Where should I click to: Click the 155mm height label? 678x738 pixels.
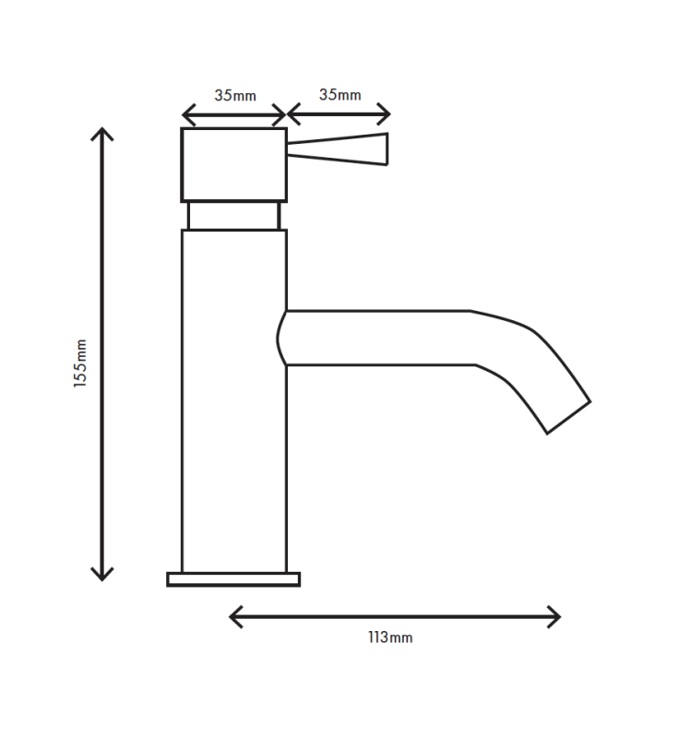click(x=81, y=363)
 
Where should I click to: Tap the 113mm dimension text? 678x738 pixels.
click(x=390, y=637)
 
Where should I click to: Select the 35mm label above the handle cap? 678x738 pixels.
click(x=235, y=95)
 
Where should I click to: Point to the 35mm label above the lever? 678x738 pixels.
click(x=339, y=94)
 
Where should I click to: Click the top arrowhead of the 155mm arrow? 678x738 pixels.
click(x=102, y=132)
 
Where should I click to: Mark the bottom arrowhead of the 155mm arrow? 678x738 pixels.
click(x=102, y=576)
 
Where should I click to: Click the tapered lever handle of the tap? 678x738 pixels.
click(x=337, y=149)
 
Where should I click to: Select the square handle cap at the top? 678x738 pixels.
click(x=233, y=164)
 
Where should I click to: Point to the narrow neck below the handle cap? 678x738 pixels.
click(x=233, y=216)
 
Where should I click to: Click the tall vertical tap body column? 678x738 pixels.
click(x=233, y=415)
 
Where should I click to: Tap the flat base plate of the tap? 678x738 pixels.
click(x=233, y=579)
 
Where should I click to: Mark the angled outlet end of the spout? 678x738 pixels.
click(x=568, y=417)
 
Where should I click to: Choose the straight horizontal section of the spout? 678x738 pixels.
click(x=378, y=338)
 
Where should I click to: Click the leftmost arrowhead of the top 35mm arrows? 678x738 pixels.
click(x=185, y=115)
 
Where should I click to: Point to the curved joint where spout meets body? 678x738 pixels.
click(x=281, y=338)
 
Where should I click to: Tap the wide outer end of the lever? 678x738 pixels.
click(x=383, y=149)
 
